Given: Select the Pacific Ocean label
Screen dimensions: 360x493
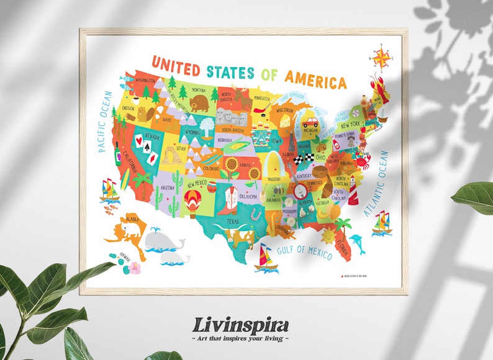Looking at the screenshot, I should pos(104,122).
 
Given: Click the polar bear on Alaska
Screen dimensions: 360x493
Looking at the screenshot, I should pos(131,228).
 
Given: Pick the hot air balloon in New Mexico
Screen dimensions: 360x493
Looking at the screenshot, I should pos(191,202).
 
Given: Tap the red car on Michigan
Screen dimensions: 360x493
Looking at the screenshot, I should pos(309,122).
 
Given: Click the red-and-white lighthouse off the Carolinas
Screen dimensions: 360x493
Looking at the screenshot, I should pos(353,190).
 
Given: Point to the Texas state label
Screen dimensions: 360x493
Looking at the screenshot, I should pos(232,221).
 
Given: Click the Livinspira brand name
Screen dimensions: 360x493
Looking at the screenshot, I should pos(240,325).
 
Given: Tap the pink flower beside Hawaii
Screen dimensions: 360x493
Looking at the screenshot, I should pos(135,268).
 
